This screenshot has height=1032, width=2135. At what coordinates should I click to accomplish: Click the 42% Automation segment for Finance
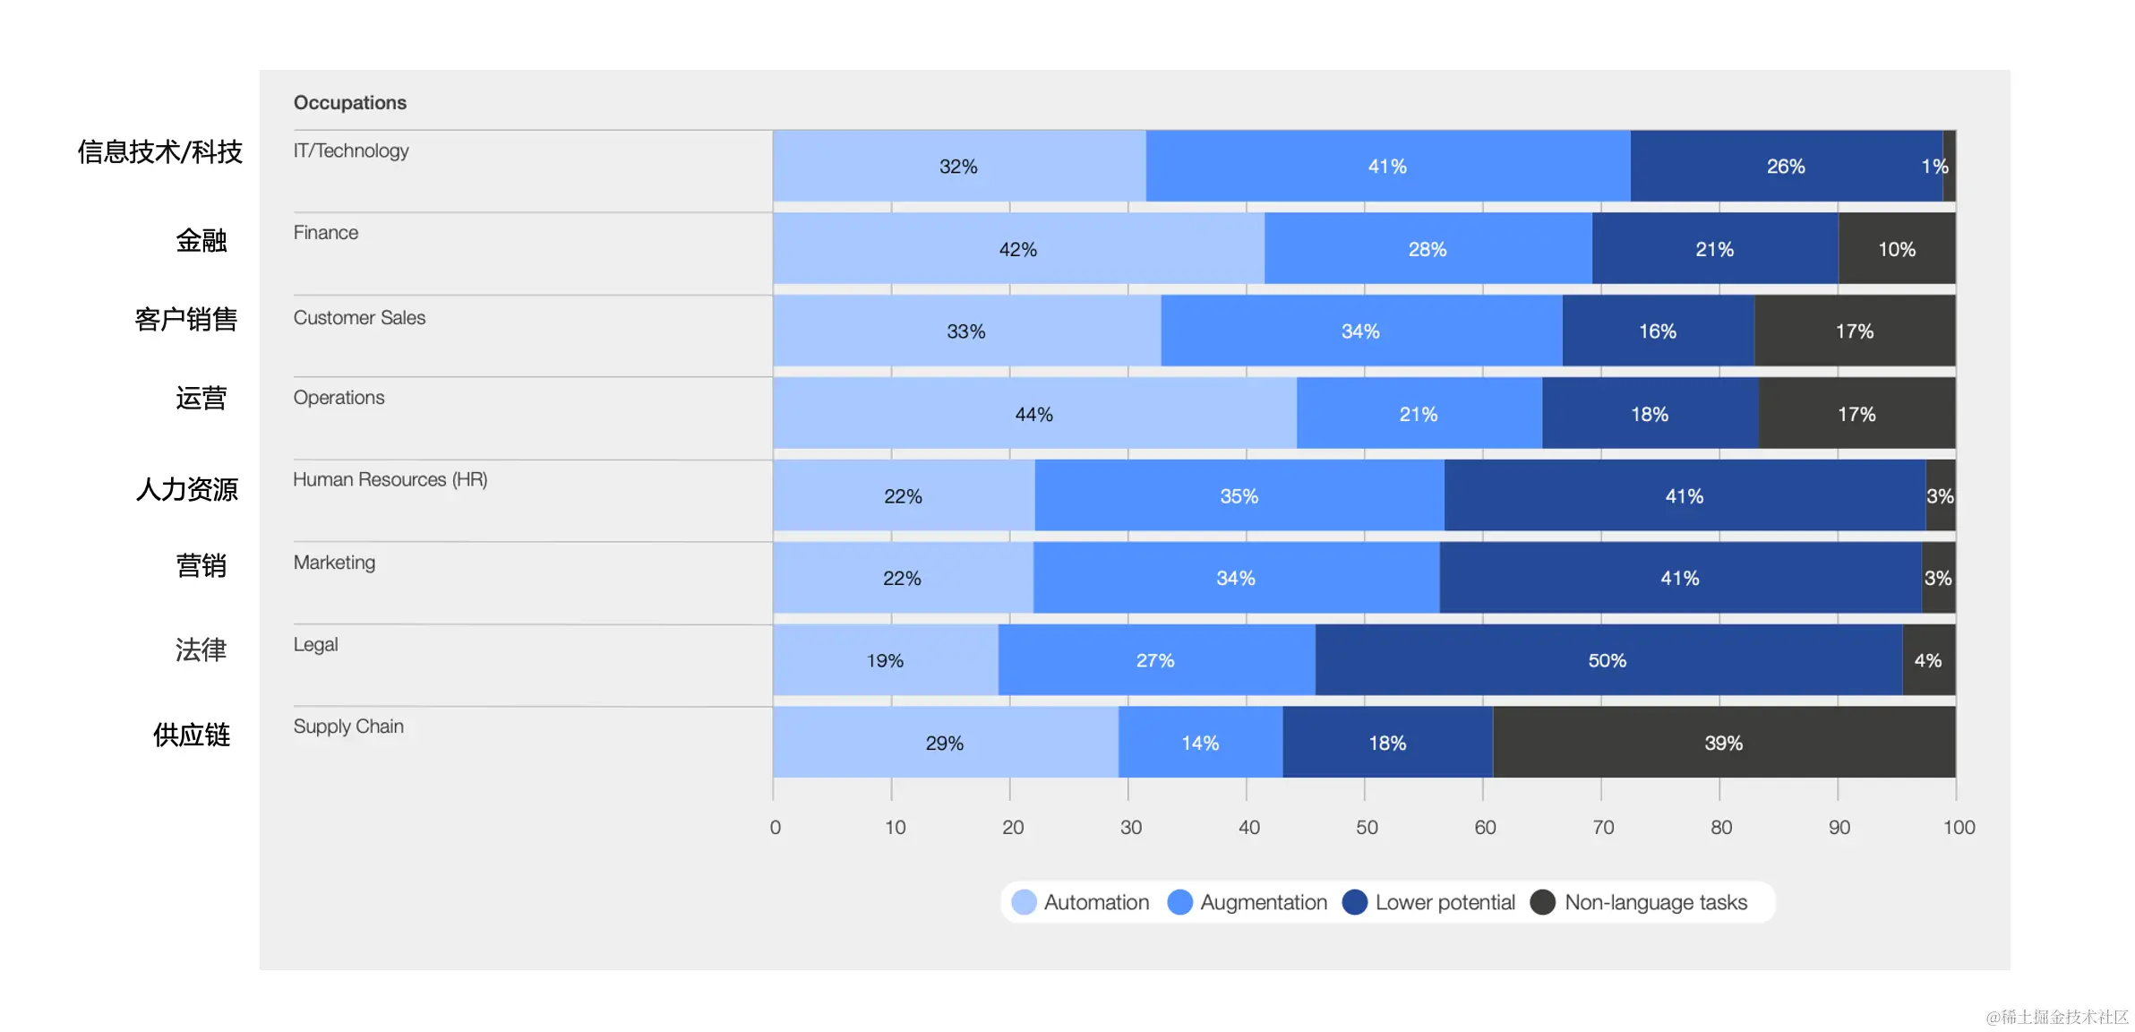[1018, 249]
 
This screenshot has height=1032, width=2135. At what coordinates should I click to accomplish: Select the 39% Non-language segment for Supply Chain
[1723, 743]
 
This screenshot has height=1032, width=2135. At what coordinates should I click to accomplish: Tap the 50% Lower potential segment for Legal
[1608, 660]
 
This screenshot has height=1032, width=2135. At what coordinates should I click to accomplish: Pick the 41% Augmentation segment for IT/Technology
[1387, 167]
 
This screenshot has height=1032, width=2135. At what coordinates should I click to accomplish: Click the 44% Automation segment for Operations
[1033, 414]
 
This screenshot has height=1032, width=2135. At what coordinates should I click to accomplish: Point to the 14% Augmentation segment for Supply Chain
[1200, 743]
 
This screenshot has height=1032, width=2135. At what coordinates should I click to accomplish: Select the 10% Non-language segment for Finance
[1896, 249]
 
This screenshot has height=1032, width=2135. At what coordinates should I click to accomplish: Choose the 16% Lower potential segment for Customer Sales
[1658, 331]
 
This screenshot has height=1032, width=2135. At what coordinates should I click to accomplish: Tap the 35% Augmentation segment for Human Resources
[1239, 496]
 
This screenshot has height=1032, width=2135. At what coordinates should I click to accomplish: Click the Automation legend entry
[1081, 902]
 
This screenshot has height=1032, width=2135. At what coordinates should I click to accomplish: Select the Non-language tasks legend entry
[1640, 902]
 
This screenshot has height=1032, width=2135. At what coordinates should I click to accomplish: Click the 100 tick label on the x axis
[1959, 827]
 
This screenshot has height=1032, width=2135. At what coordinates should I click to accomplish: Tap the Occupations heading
[350, 103]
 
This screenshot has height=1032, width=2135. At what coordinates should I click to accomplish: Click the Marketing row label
[334, 563]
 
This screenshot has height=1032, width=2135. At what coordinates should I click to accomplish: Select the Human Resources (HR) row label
[390, 480]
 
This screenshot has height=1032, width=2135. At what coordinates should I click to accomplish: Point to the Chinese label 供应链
[192, 735]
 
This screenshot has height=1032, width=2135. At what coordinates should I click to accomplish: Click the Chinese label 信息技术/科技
[160, 152]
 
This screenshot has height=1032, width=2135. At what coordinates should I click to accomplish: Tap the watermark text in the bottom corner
[2056, 1017]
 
